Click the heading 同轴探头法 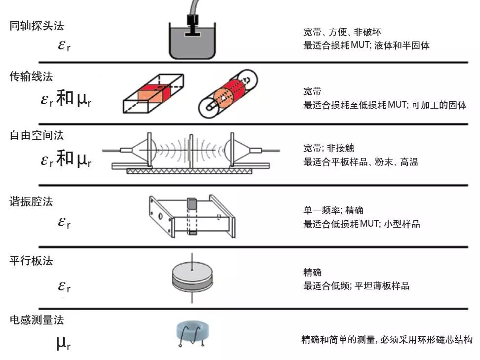point(37,26)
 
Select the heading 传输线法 point(31,77)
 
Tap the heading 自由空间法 point(37,135)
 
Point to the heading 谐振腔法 point(31,201)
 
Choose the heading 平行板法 point(31,261)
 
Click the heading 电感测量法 point(37,320)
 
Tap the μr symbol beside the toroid point(63,342)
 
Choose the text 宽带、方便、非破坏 point(342,33)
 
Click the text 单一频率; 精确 point(333,211)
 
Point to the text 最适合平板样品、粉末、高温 point(360,161)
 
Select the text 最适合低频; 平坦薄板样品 point(356,285)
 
